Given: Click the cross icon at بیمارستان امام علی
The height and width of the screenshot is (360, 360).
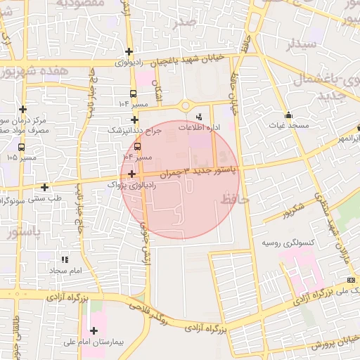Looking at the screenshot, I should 94,330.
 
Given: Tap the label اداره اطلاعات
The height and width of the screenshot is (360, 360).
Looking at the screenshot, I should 199,128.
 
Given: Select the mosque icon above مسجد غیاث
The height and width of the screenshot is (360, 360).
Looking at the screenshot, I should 288,115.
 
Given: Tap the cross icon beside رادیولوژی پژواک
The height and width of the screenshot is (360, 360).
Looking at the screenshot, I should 132,173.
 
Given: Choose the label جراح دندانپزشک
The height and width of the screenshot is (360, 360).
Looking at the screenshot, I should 134,130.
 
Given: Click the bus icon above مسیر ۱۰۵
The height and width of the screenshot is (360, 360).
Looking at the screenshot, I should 22,147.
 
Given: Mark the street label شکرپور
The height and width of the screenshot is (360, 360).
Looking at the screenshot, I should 290,209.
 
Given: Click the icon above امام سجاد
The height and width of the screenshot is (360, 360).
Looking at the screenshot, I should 65,260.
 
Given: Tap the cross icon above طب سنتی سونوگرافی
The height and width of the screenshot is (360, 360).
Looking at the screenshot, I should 45,187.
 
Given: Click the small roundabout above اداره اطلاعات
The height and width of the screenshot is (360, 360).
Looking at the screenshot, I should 186,106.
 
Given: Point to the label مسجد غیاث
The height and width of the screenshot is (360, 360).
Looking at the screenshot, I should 288,124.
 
